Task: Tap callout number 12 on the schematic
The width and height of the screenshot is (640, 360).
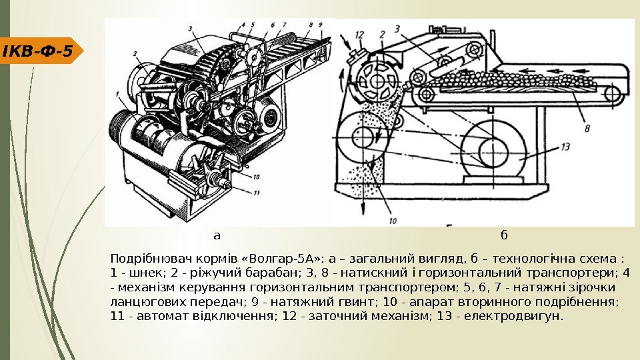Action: click(x=360, y=33)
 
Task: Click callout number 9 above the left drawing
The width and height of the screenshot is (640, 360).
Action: click(x=321, y=24)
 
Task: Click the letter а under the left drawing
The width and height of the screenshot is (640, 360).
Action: click(x=216, y=235)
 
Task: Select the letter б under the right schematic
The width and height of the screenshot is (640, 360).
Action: click(x=504, y=235)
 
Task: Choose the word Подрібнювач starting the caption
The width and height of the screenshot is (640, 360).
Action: click(x=143, y=258)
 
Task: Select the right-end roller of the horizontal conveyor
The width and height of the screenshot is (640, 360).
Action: click(x=613, y=94)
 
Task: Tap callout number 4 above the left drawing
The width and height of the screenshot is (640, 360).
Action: click(x=244, y=25)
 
